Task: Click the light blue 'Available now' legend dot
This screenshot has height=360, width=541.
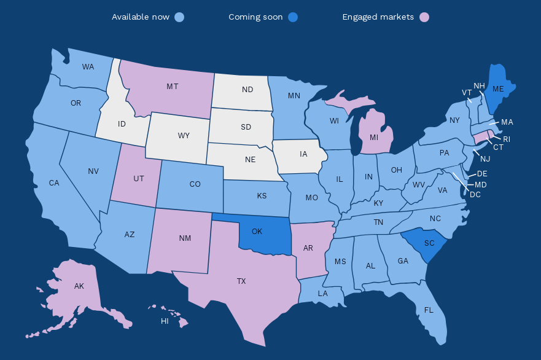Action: pos(179,17)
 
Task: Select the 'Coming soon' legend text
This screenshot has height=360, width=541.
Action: pos(255,17)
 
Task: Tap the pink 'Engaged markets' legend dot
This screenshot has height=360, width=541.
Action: pos(424,17)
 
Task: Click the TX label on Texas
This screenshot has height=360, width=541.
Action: pos(241,281)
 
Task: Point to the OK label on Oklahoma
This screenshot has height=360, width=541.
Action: pos(257,232)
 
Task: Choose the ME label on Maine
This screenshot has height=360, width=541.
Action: pos(498,89)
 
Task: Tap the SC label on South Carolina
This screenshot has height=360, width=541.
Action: pos(429,243)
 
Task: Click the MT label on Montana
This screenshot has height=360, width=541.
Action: pos(173,87)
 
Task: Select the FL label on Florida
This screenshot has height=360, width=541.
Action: pos(429,310)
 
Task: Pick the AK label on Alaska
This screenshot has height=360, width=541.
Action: pos(79,286)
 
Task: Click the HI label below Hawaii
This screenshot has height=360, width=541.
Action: pos(165,321)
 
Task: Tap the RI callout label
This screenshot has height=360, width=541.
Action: pos(507,139)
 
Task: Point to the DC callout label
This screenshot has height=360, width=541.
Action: pos(475,195)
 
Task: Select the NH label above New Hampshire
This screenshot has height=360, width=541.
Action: pos(480,85)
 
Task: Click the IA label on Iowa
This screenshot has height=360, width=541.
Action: pos(303,154)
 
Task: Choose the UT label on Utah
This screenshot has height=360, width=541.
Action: pos(139,178)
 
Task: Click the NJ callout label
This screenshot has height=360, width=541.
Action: pos(485,159)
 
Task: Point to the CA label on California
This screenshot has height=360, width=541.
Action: pos(54,183)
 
